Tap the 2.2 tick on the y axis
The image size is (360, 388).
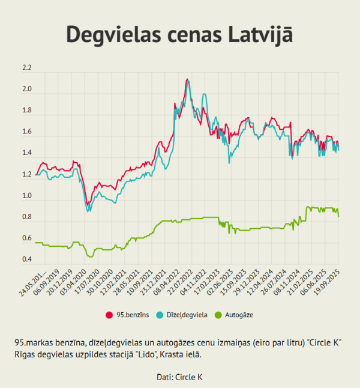26,68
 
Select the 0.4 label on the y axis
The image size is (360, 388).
26,259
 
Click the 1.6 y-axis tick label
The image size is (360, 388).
26,132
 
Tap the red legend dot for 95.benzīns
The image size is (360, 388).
109,315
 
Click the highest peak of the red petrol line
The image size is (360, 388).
188,79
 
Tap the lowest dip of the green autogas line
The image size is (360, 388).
91,256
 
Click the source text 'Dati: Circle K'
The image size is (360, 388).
179,377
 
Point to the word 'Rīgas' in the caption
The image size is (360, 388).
24,355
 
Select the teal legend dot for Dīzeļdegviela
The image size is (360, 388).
160,315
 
